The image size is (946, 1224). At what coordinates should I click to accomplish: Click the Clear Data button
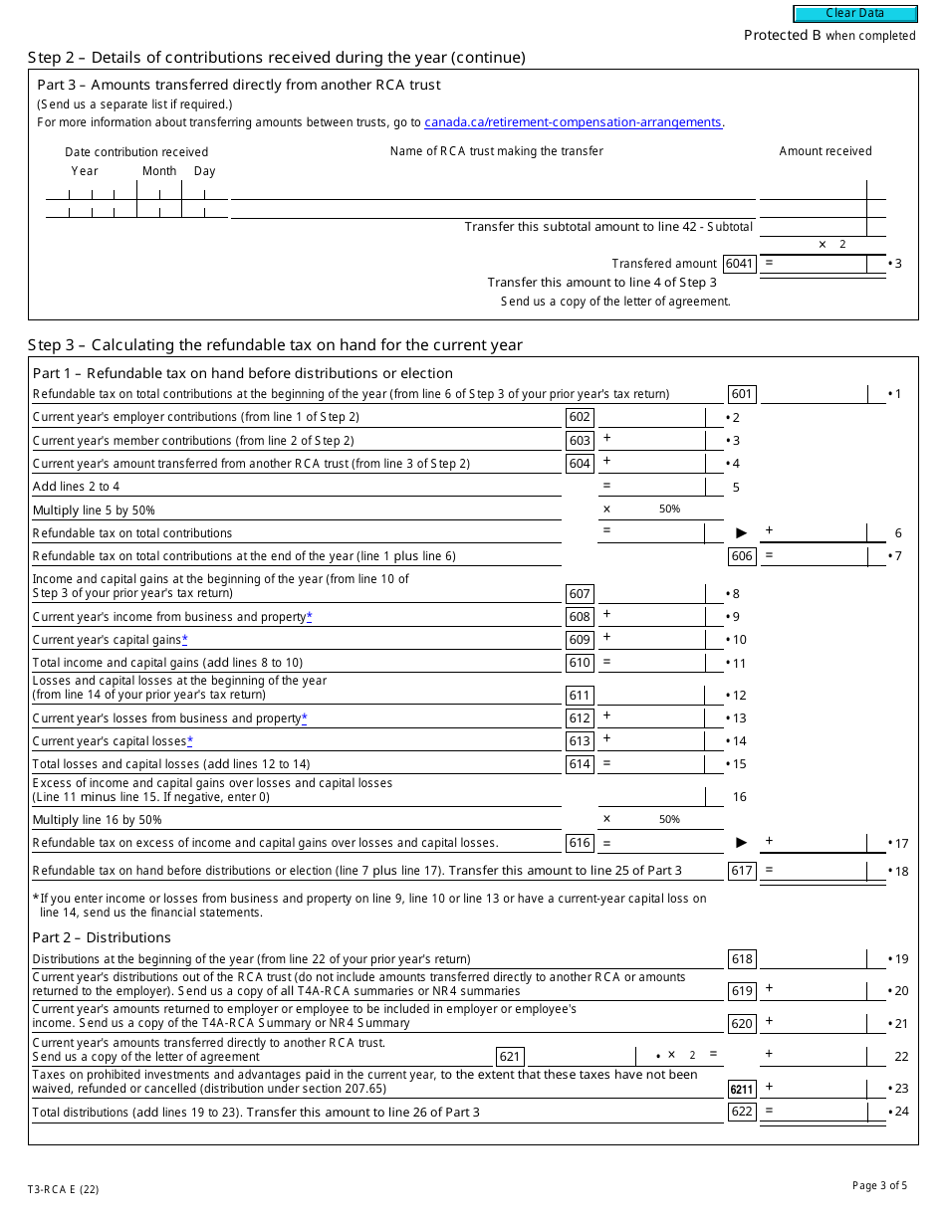pos(854,14)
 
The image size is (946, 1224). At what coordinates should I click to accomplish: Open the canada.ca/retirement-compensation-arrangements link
pos(573,122)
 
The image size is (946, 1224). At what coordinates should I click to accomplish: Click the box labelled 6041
pos(740,264)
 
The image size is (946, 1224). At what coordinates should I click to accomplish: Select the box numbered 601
pos(742,394)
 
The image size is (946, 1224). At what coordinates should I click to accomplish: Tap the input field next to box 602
pos(650,418)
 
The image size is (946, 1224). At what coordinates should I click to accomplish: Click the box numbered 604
pos(580,464)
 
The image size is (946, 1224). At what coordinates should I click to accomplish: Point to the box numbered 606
pos(742,556)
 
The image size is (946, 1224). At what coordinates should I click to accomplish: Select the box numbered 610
pos(580,663)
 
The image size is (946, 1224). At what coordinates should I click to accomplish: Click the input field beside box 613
pos(650,741)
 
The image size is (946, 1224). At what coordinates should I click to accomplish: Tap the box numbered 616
pos(580,843)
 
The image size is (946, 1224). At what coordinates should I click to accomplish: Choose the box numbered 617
pos(742,871)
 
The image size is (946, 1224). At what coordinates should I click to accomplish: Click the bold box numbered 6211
pos(742,1090)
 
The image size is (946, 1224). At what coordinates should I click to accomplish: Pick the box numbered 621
pos(510,1057)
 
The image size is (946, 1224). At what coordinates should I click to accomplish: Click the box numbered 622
pos(742,1112)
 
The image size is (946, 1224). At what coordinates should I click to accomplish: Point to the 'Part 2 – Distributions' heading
pos(102,937)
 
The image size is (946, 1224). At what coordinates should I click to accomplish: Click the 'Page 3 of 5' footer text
pos(879,1185)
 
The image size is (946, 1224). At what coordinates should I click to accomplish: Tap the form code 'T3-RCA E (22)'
pos(63,1189)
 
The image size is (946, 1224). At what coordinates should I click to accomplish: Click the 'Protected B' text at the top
pos(783,35)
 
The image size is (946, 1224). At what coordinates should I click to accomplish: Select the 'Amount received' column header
pos(825,151)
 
